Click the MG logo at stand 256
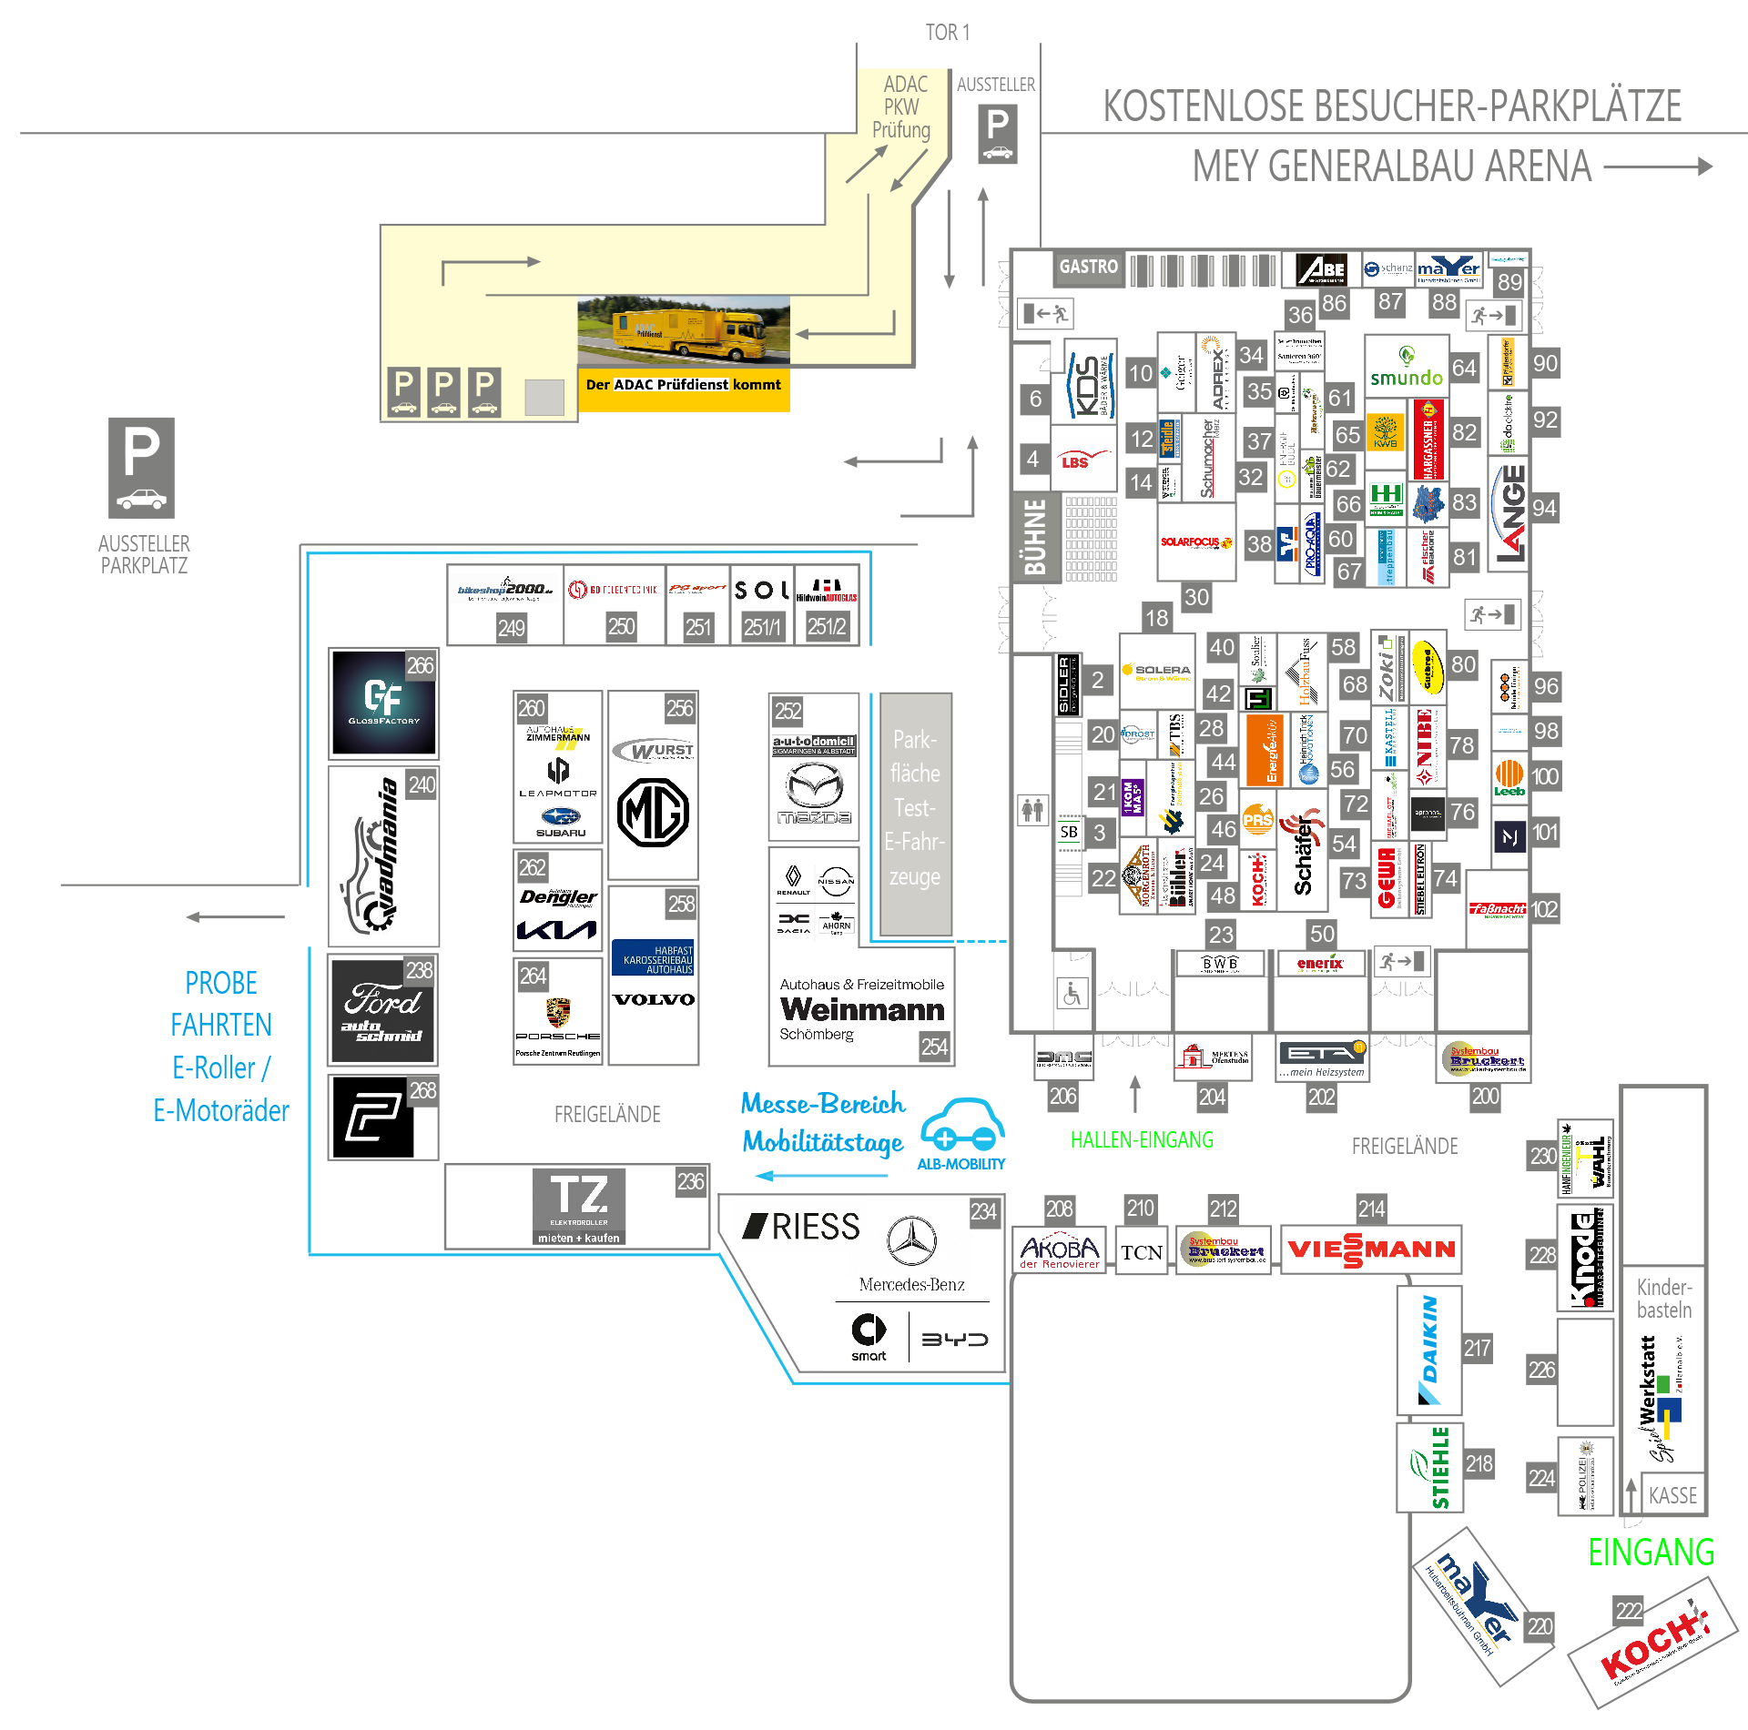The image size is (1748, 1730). (x=653, y=813)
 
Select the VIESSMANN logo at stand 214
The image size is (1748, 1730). (x=1371, y=1249)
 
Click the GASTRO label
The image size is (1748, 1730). (x=1088, y=268)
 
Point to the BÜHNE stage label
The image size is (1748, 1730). (x=1036, y=537)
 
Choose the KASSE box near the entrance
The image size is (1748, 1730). (x=1672, y=1495)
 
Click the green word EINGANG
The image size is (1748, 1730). (x=1651, y=1553)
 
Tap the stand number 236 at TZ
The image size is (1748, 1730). (x=690, y=1181)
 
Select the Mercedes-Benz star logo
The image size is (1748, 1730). (x=911, y=1240)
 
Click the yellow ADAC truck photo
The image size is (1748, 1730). (x=683, y=331)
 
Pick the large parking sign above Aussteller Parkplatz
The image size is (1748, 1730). (x=141, y=468)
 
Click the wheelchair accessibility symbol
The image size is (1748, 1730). (x=1072, y=993)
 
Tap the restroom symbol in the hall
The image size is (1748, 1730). (x=1032, y=809)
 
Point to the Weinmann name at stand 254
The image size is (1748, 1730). (x=861, y=1009)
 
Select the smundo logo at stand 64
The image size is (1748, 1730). (x=1406, y=367)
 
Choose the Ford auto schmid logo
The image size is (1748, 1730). (x=382, y=1011)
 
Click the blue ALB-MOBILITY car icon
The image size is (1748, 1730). (x=962, y=1125)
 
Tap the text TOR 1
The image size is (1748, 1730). (x=947, y=33)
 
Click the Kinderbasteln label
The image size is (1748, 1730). (x=1663, y=1299)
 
